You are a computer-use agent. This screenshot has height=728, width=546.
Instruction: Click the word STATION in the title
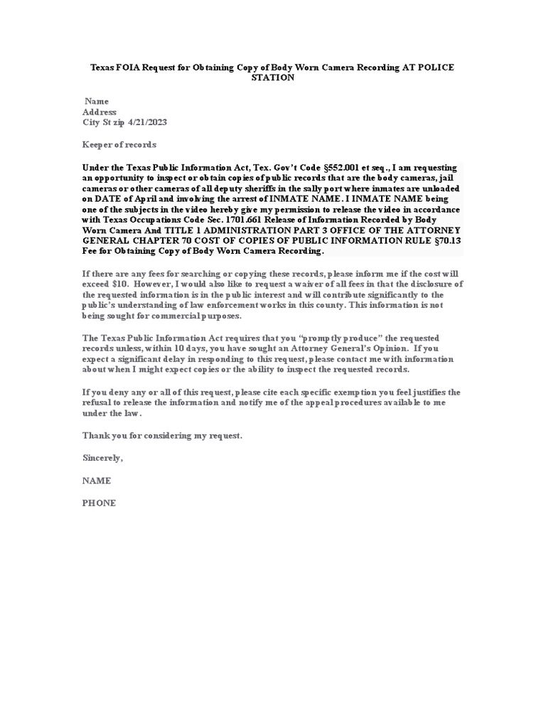272,77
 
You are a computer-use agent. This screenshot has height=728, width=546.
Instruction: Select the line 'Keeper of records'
119,145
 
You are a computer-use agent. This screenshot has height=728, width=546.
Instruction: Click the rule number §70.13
448,241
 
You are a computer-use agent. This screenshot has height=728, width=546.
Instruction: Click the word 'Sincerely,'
102,458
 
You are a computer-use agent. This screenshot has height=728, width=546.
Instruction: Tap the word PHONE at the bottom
99,503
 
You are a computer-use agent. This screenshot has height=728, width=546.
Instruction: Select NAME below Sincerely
97,481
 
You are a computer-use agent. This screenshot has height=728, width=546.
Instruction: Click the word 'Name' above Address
97,102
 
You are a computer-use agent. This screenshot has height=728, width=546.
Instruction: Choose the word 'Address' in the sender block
100,112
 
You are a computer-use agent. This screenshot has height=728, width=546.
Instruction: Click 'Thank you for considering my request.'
162,435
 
